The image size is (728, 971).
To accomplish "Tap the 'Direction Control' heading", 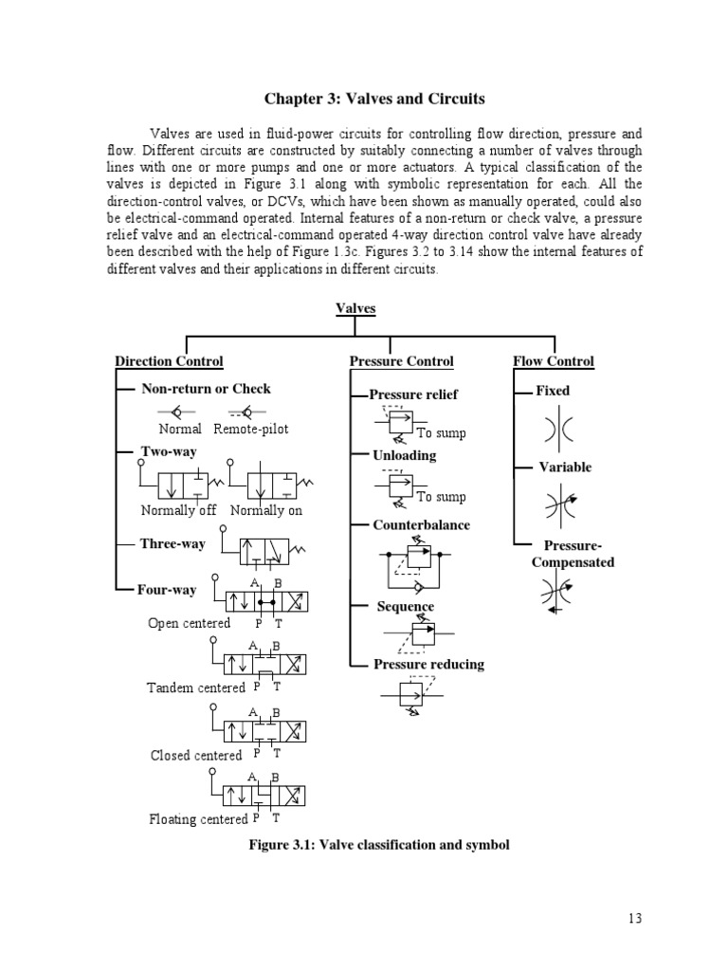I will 169,361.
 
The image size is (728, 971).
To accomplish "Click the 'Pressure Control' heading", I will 401,361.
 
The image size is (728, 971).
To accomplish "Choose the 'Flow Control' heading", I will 554,361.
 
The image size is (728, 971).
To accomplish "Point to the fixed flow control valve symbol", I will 554,429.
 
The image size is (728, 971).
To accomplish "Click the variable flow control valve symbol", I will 554,503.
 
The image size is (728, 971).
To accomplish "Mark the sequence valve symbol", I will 417,633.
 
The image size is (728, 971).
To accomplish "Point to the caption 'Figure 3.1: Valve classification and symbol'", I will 378,844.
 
